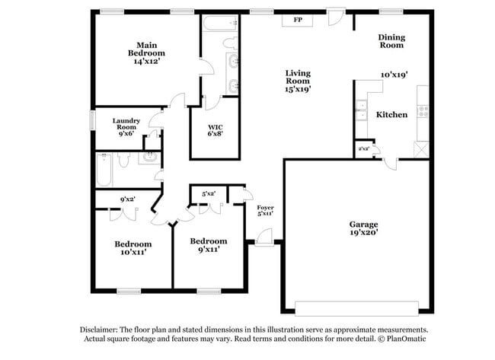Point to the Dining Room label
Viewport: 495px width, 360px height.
391,41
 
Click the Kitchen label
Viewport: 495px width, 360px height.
391,115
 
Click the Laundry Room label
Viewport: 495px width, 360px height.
126,124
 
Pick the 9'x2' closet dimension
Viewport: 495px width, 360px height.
128,200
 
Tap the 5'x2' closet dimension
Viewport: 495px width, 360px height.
208,194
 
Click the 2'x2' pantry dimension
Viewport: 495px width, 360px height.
363,148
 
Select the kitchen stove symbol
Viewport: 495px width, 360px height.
423,112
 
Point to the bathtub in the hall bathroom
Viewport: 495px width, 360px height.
104,170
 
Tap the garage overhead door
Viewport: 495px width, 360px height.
356,307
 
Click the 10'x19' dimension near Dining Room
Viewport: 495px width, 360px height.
394,75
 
